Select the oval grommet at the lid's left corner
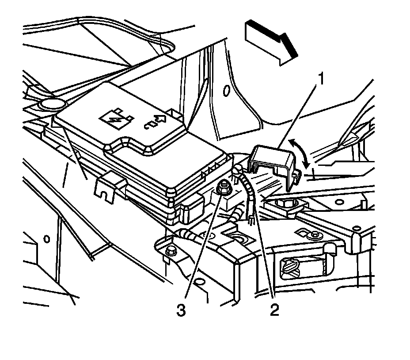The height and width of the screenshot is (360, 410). click(51, 105)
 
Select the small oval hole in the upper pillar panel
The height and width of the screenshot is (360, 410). click(226, 91)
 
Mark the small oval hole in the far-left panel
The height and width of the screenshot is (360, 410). click(46, 239)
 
